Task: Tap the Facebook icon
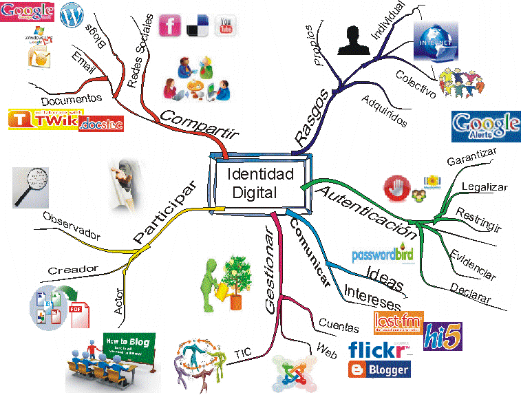click(170, 25)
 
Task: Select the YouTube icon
click(224, 25)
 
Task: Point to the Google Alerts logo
click(485, 126)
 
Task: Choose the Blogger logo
click(379, 369)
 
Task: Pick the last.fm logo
click(398, 323)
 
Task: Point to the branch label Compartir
click(194, 121)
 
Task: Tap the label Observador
click(71, 226)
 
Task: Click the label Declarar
click(471, 294)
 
